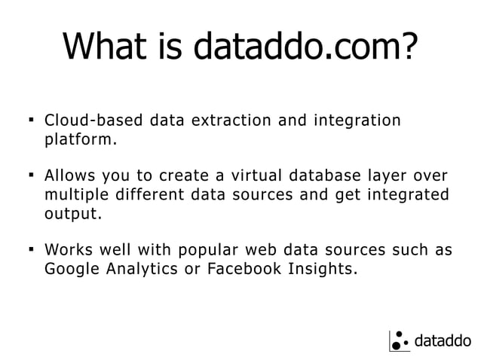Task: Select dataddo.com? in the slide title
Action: click(305, 47)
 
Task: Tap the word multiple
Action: click(75, 195)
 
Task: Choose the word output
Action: click(71, 214)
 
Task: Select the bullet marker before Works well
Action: click(29, 249)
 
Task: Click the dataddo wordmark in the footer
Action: click(443, 341)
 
